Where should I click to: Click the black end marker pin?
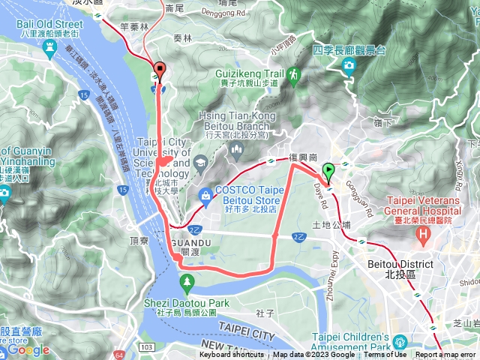[x=159, y=72]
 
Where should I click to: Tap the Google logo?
[x=28, y=349]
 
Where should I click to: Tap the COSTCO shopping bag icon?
[x=205, y=196]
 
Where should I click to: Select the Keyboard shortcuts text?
[x=232, y=355]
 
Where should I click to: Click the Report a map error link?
[x=445, y=355]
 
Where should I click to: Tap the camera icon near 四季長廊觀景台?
[x=349, y=67]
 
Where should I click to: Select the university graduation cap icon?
[x=200, y=162]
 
